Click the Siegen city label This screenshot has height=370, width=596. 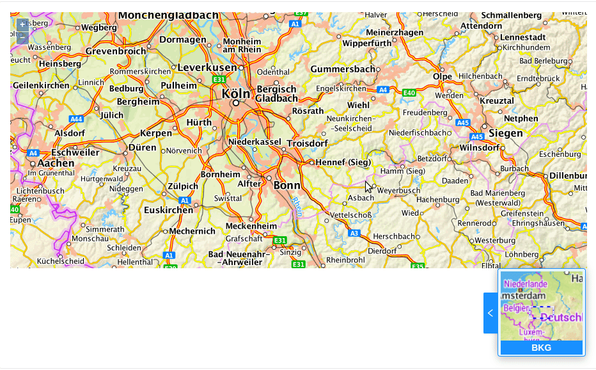(506, 133)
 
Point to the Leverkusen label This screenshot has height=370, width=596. (207, 67)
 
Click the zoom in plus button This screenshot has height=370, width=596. (22, 25)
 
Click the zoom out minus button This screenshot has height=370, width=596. (22, 38)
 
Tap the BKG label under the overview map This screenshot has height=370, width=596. (541, 348)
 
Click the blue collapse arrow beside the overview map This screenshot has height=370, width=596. (490, 313)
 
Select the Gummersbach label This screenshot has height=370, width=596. (343, 68)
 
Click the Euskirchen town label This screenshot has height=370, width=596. (168, 210)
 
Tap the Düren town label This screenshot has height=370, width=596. (142, 147)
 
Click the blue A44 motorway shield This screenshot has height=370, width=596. (77, 119)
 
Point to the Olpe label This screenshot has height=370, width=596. (443, 76)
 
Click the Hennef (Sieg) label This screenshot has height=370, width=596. (343, 163)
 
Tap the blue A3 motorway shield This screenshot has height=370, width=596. (354, 233)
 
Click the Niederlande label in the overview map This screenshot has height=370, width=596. (526, 284)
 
